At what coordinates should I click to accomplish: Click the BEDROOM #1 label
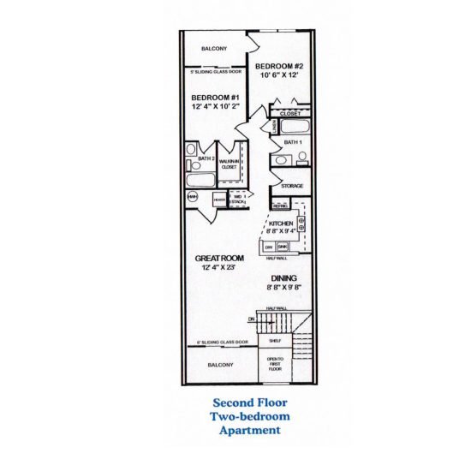(x=214, y=98)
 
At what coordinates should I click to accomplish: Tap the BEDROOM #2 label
(x=280, y=66)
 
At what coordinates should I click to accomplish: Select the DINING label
(x=284, y=277)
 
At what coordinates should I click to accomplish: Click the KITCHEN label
(x=281, y=223)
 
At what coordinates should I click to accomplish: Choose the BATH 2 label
(x=205, y=159)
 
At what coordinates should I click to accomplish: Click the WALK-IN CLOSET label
(x=230, y=164)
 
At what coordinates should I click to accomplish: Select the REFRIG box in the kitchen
(x=279, y=206)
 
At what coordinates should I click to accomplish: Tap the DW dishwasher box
(x=269, y=246)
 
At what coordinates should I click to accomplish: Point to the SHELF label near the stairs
(x=275, y=341)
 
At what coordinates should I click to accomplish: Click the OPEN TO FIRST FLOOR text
(x=275, y=363)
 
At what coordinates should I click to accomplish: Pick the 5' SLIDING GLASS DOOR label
(x=215, y=72)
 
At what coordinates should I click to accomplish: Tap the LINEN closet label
(x=273, y=126)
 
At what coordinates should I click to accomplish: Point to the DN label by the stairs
(x=252, y=319)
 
